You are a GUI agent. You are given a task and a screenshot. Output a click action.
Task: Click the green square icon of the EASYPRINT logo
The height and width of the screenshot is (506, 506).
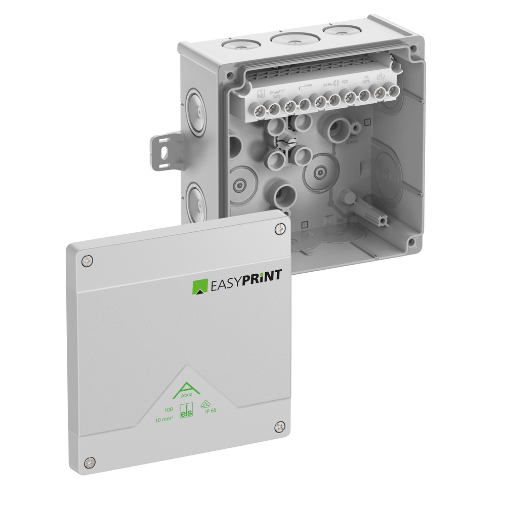click(198, 286)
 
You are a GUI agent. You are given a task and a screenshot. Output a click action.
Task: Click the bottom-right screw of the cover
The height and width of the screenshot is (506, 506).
click(278, 428)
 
